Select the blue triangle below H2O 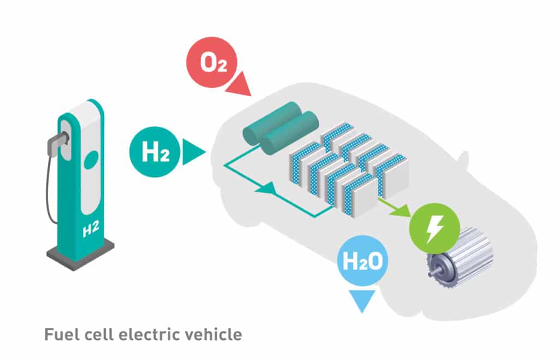[362, 301]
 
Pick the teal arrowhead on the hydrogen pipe [264, 188]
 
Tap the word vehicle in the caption [213, 334]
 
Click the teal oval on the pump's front [91, 159]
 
